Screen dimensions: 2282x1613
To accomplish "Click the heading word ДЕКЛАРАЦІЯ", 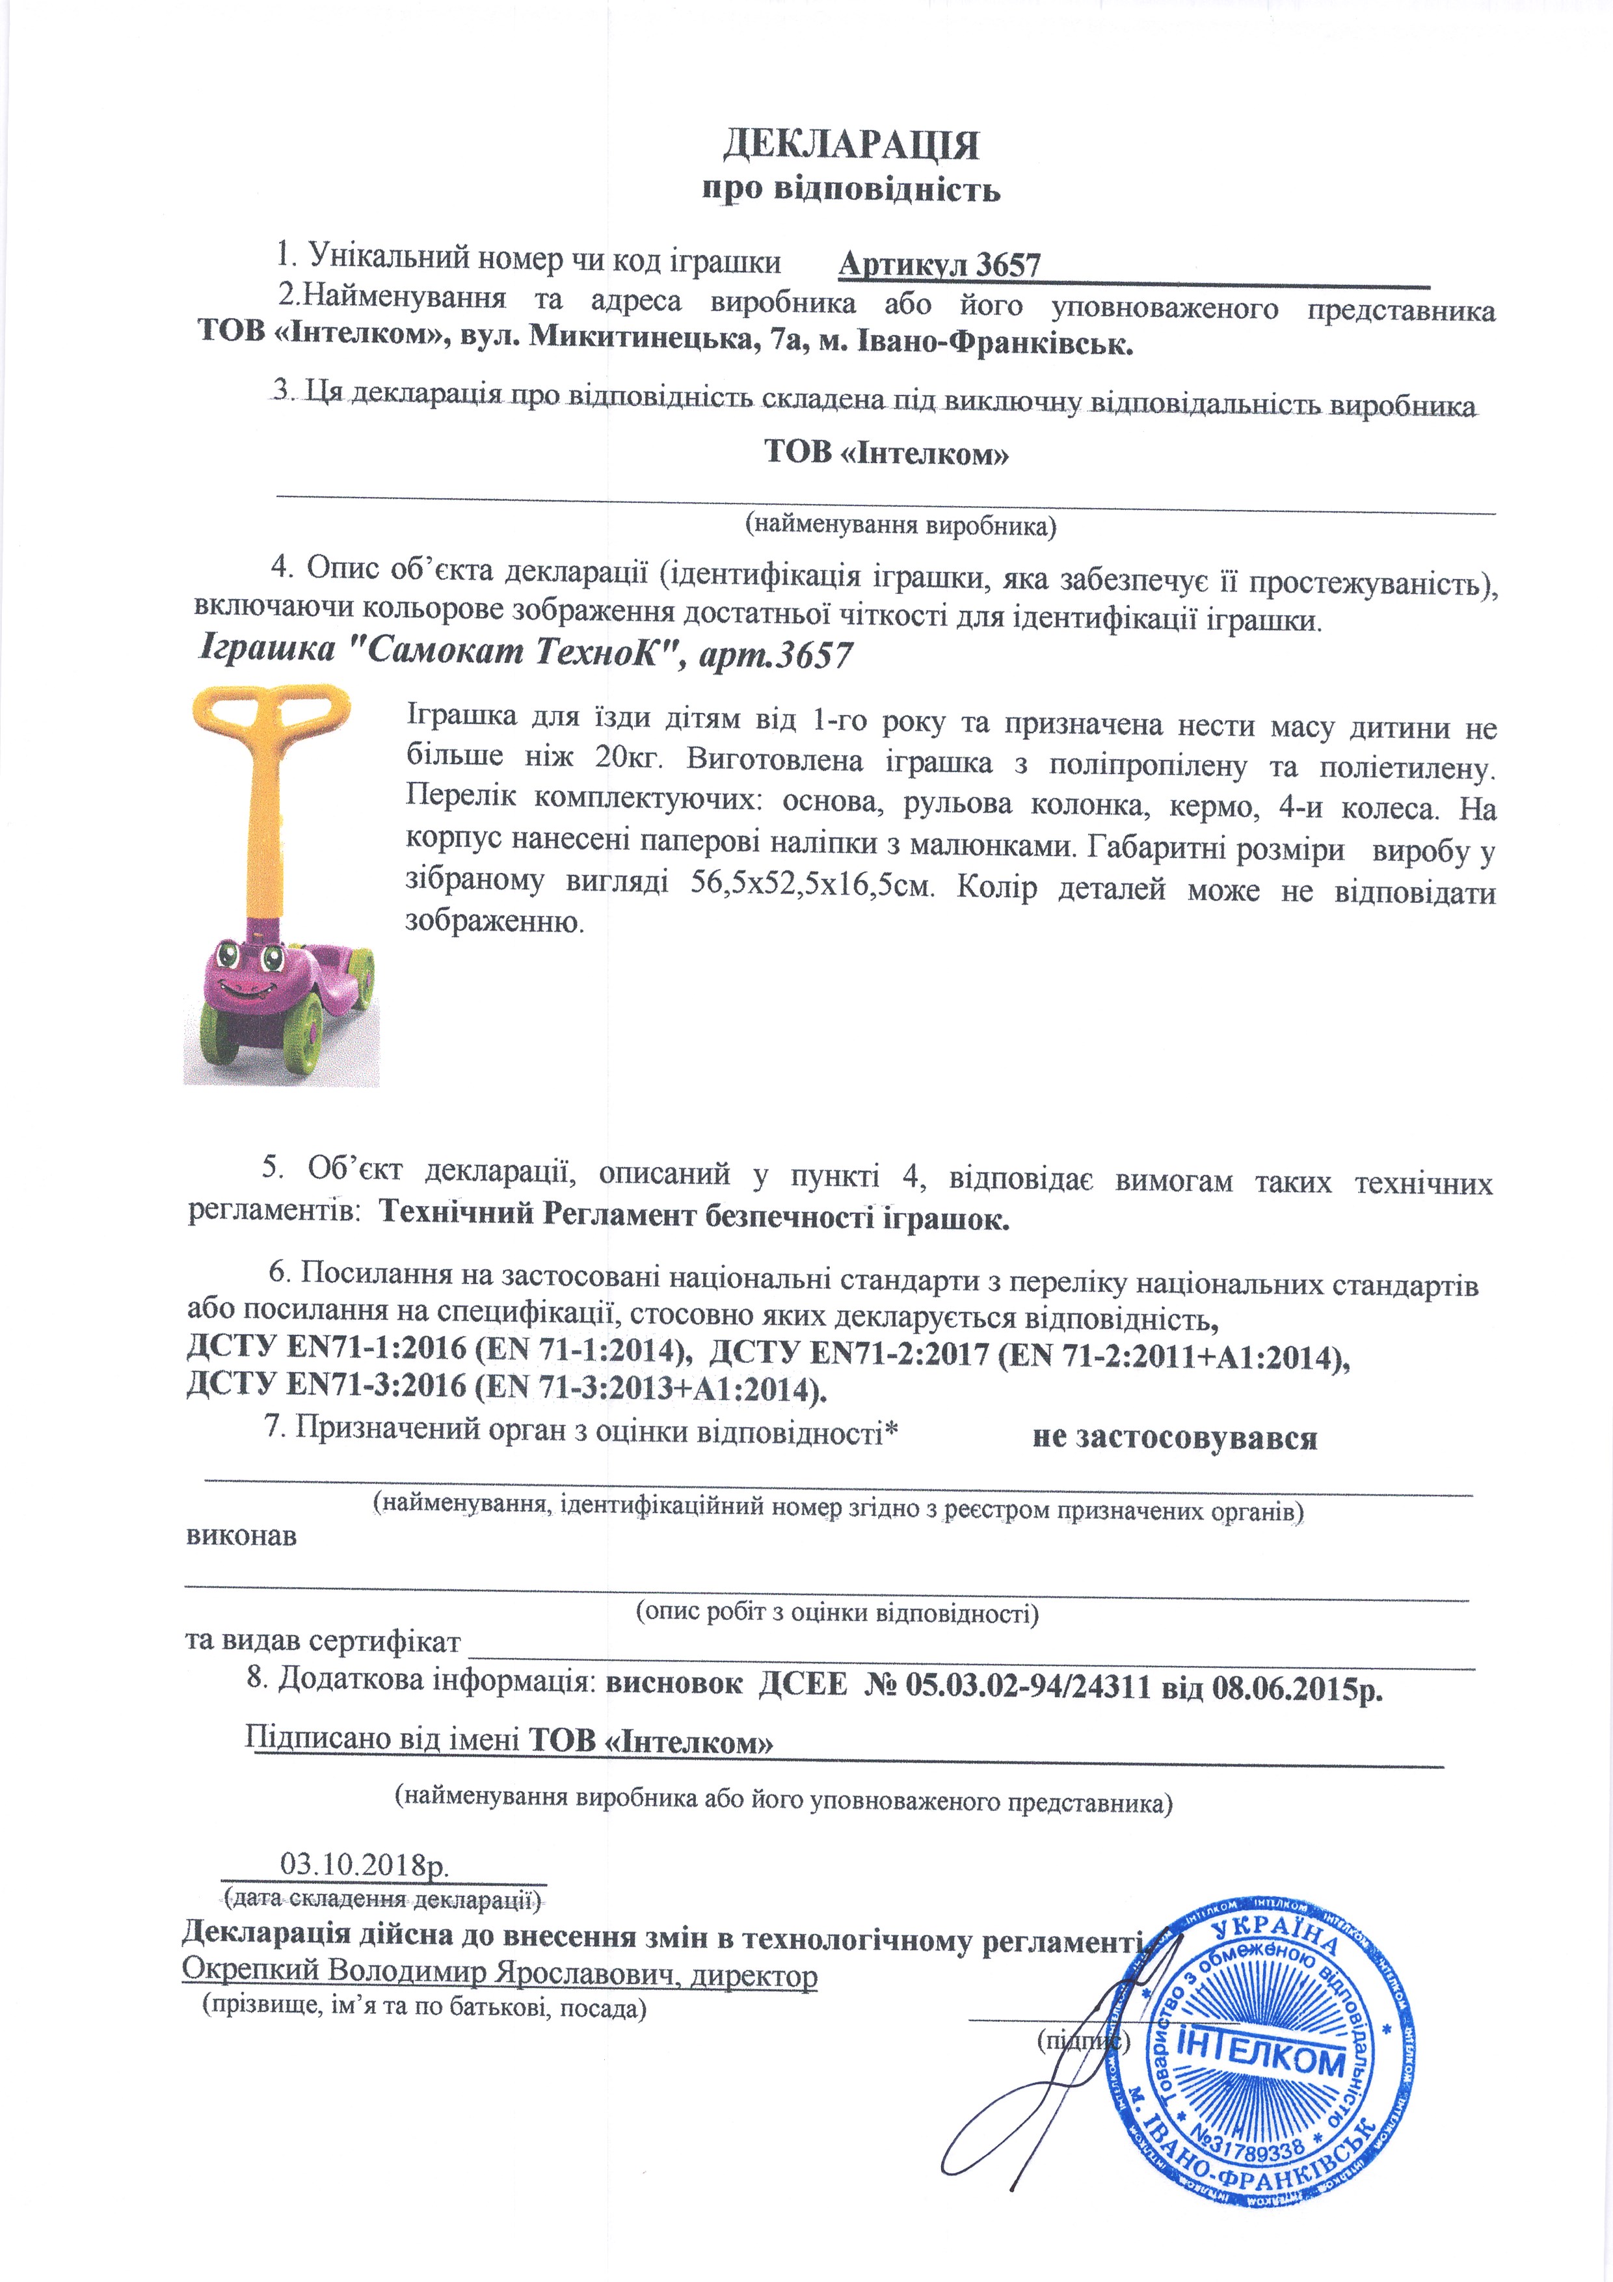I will tap(849, 145).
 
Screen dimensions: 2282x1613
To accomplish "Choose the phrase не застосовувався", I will tap(1174, 1438).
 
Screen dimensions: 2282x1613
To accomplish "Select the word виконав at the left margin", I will tap(241, 1536).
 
